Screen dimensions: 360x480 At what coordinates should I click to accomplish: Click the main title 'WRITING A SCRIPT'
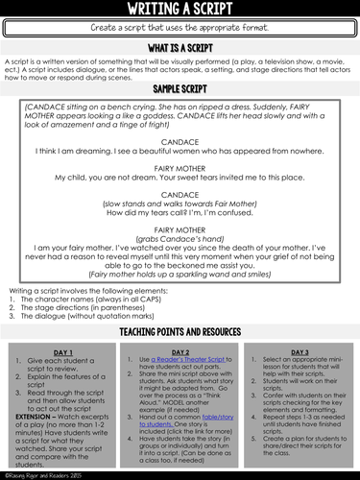click(x=180, y=10)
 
